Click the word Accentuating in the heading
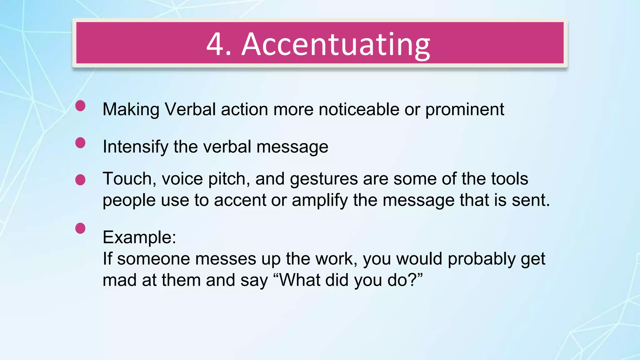336,44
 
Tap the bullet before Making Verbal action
80,106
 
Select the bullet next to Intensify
80,143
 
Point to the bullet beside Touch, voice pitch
80,180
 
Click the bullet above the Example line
80,228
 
